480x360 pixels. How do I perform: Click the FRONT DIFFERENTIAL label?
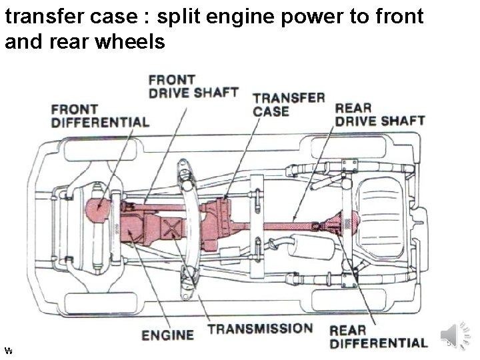100,115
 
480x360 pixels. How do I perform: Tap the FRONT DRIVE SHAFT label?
193,86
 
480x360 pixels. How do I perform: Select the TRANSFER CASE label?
289,103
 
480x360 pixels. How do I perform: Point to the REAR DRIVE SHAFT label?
379,114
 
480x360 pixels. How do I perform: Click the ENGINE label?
167,335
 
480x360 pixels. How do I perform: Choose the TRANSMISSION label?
260,329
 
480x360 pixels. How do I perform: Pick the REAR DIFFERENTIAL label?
378,336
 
